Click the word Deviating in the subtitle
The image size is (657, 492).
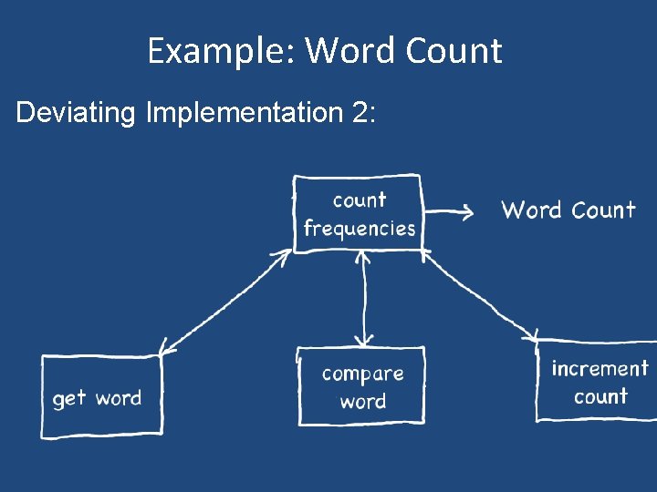tap(75, 113)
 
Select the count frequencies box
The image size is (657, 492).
tap(358, 214)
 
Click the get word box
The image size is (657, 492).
tap(101, 396)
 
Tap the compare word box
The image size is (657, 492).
tap(361, 386)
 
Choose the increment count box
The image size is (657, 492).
tap(598, 382)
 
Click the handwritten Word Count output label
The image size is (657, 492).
tap(568, 210)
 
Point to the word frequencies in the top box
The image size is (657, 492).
tap(360, 229)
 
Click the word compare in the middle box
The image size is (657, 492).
tap(362, 374)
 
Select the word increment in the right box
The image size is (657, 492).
tap(600, 369)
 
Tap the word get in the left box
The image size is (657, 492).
tap(69, 398)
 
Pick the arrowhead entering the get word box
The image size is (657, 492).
tap(164, 348)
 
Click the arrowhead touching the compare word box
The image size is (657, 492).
tap(365, 339)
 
